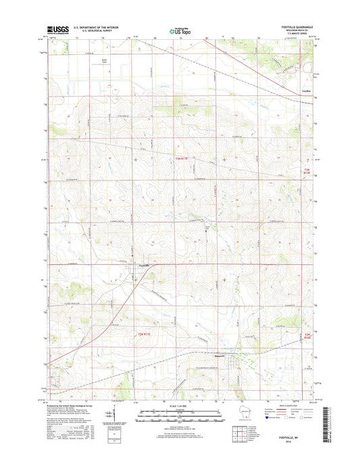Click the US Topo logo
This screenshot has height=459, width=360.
click(x=180, y=30)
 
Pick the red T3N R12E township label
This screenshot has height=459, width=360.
click(x=308, y=172)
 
